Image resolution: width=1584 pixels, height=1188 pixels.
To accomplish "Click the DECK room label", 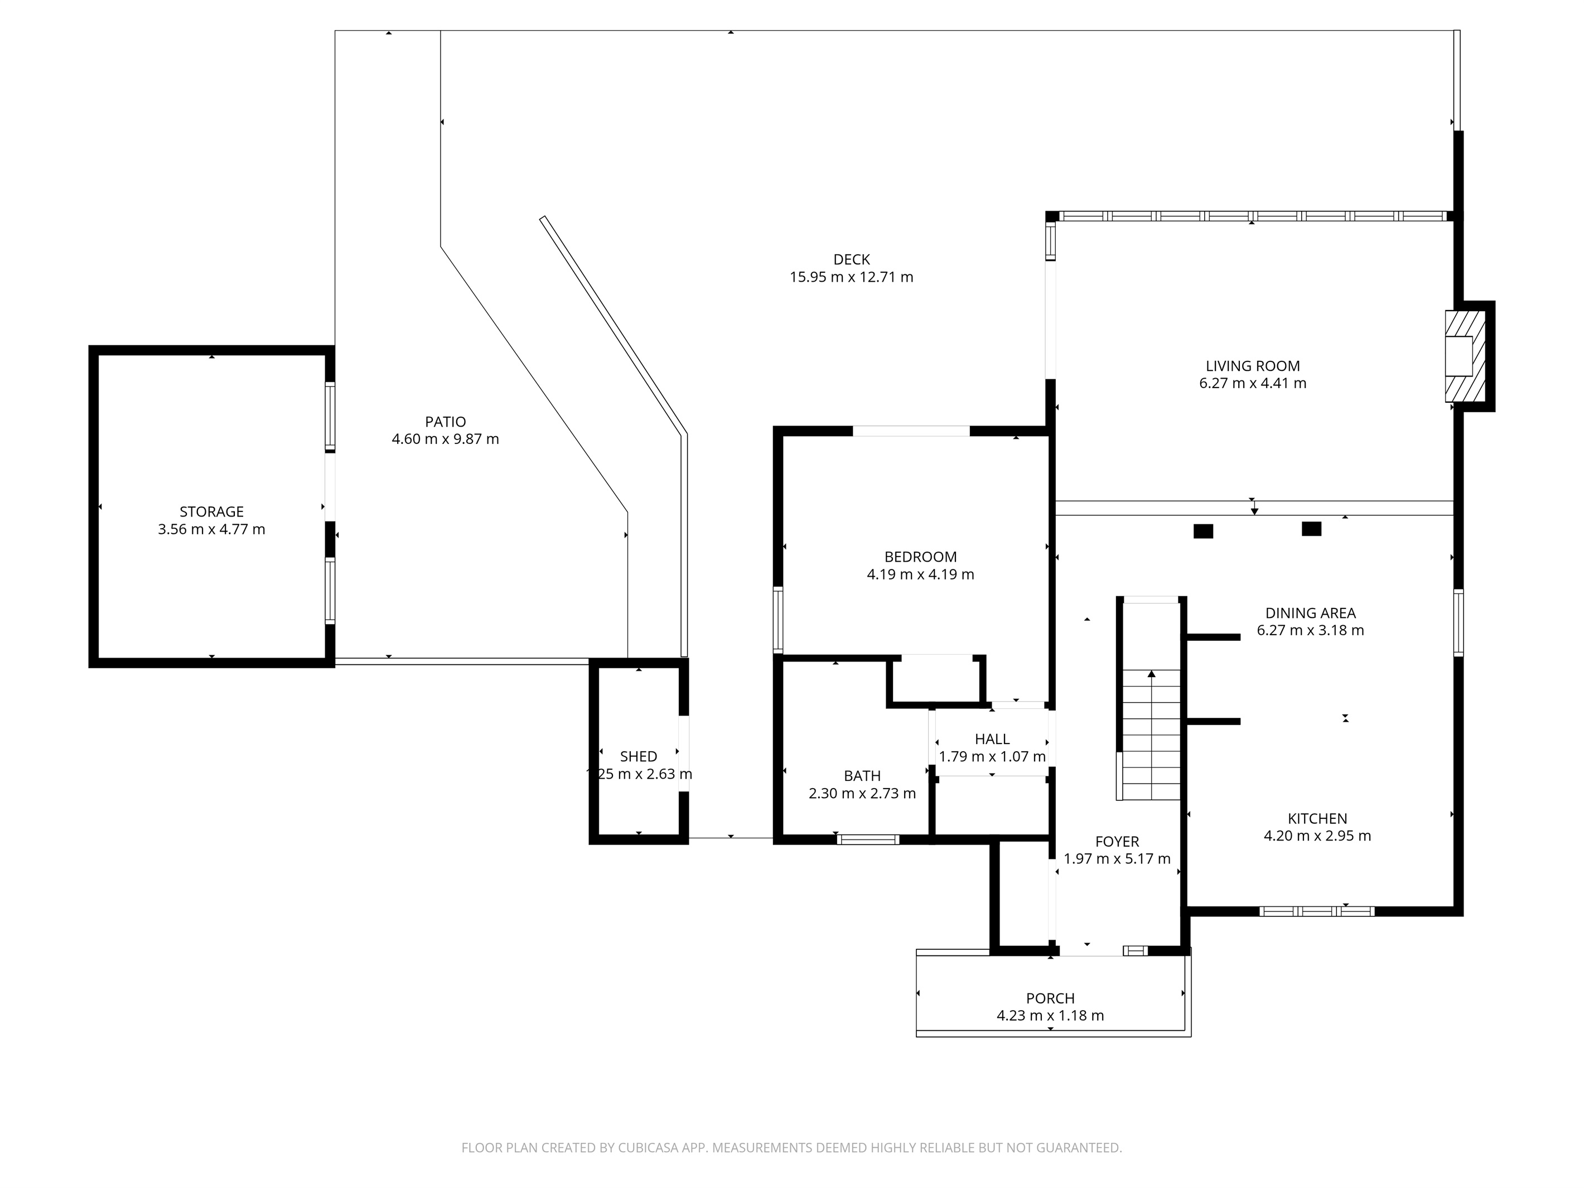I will pos(852,259).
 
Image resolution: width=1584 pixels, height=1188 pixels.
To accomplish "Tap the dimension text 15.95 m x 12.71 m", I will pos(852,277).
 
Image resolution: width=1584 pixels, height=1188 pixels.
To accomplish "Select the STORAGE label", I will pos(211,511).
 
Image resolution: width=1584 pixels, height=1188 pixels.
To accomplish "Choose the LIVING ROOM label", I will pos(1253,366).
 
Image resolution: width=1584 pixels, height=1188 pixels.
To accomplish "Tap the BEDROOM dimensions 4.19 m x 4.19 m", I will pos(920,574).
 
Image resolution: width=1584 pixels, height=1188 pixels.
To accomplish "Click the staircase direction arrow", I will pos(1152,674).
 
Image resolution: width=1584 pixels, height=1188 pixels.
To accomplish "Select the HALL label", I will pos(992,739).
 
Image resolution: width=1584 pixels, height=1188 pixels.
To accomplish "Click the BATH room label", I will pos(862,775).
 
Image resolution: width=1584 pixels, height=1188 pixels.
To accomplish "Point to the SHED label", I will pos(638,756).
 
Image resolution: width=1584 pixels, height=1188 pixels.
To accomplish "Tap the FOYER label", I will pos(1117,842).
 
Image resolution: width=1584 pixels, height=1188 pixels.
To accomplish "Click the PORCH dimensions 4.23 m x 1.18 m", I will pos(1050,1016).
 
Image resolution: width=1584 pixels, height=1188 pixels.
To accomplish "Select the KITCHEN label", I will pos(1317,819).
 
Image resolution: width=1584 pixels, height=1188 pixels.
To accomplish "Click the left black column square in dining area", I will pos(1203,532).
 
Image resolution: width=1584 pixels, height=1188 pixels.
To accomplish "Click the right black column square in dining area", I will pos(1311,529).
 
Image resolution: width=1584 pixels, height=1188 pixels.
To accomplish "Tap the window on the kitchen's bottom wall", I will pos(1317,911).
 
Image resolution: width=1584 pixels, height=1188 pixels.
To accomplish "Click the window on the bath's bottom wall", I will pos(868,839).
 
